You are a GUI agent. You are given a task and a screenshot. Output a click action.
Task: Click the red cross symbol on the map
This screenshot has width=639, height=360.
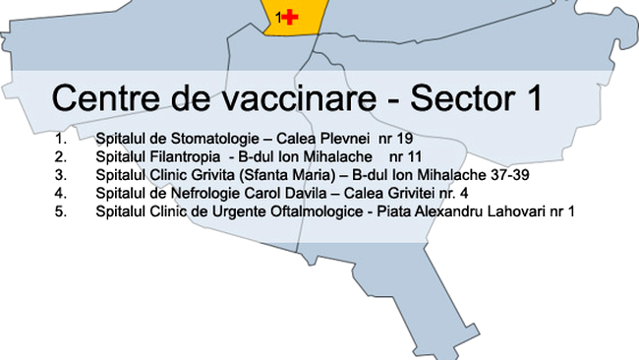click(289, 17)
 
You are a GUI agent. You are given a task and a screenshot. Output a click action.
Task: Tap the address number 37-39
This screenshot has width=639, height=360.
click(475, 175)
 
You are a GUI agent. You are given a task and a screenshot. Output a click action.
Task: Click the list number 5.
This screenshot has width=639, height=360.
click(62, 211)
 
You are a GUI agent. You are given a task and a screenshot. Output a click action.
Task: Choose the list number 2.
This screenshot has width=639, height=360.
click(62, 156)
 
